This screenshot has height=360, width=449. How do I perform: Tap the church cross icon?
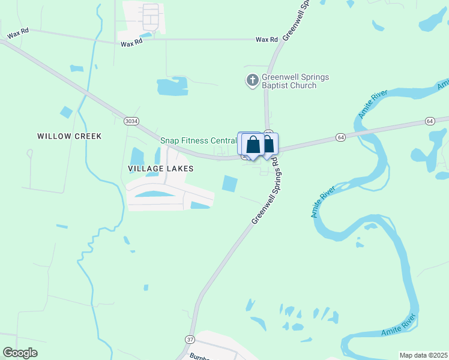click(x=253, y=80)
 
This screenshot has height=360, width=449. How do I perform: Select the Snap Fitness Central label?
click(x=198, y=140)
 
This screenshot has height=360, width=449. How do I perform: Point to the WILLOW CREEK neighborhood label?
click(x=69, y=136)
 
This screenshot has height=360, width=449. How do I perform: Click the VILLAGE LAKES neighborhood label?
click(x=160, y=169)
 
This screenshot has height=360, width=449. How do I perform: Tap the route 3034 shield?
click(x=131, y=121)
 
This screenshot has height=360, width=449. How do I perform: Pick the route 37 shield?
click(x=190, y=340)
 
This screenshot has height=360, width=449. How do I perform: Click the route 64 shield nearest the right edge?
click(x=429, y=121)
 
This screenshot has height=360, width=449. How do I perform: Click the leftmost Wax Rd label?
click(x=18, y=35)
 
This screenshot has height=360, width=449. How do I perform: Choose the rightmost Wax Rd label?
click(x=267, y=40)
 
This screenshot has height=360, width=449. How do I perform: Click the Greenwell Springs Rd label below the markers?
click(x=266, y=192)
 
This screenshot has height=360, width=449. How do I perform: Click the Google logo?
click(x=20, y=353)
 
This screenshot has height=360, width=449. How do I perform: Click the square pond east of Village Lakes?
click(x=230, y=184)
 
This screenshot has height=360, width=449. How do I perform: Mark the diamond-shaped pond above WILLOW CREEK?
click(x=66, y=112)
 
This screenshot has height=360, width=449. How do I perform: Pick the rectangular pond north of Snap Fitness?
click(x=172, y=87)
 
